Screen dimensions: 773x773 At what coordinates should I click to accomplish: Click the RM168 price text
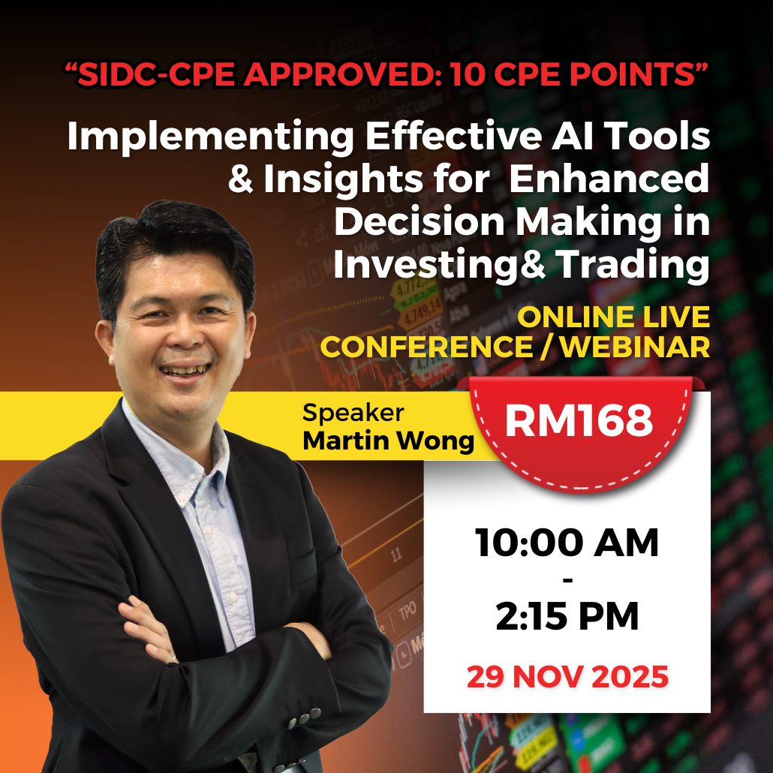579,420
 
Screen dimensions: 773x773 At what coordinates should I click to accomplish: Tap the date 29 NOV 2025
567,677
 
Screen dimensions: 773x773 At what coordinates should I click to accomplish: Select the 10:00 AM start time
567,543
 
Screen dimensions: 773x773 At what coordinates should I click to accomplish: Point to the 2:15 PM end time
567,616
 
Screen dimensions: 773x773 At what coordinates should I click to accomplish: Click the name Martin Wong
388,441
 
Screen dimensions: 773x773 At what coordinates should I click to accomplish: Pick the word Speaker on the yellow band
353,413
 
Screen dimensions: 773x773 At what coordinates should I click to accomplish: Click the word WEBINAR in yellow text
635,347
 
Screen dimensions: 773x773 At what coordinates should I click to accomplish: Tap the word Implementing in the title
210,137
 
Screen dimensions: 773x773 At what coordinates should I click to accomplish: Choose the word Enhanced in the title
609,179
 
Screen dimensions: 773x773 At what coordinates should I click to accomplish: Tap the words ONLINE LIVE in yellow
614,317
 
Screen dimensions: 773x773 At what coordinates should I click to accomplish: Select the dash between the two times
567,579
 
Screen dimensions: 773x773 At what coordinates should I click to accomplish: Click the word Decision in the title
420,222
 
